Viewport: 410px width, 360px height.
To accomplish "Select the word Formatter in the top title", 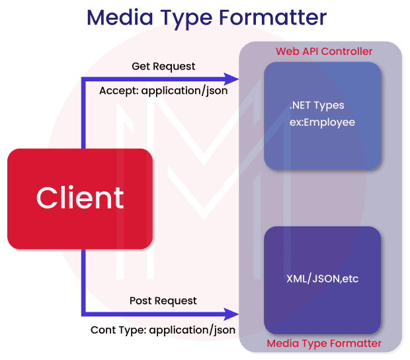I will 273,17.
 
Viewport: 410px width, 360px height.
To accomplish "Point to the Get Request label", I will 163,67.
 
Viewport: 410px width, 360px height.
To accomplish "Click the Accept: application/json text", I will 163,91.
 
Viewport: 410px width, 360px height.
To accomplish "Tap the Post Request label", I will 163,300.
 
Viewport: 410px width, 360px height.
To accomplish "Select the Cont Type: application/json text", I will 163,329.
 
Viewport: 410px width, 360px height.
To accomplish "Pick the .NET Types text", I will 317,105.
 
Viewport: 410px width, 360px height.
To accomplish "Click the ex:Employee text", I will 322,122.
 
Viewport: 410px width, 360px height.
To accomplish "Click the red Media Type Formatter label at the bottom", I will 323,343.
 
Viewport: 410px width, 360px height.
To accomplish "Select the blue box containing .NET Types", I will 322,115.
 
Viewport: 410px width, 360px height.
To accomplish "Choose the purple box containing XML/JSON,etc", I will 322,280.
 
